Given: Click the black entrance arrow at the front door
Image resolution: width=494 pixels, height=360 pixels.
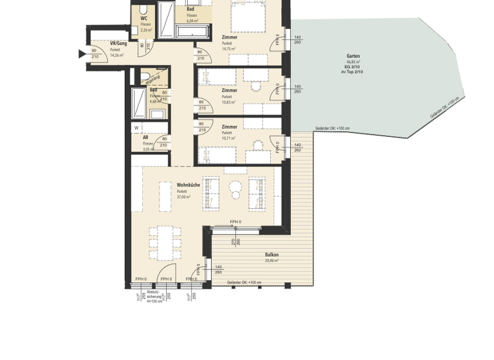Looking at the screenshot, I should click(x=82, y=54).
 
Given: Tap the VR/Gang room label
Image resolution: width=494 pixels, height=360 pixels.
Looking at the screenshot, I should click(x=117, y=43).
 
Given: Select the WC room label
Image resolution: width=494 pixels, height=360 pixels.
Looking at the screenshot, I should click(x=144, y=18).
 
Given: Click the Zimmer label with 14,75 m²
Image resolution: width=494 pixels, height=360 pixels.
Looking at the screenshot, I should click(x=230, y=37).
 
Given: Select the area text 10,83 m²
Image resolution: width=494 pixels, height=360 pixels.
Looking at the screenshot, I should click(x=228, y=102).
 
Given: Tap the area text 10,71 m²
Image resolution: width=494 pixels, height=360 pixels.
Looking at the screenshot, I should click(x=228, y=138).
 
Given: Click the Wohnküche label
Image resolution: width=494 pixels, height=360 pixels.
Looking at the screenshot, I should click(x=188, y=185).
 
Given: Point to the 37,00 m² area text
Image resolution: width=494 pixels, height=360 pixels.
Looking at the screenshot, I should click(x=184, y=197).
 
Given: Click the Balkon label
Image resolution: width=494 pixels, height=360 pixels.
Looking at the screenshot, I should click(x=271, y=255).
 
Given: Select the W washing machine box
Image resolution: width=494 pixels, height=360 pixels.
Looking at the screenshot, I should click(x=136, y=127).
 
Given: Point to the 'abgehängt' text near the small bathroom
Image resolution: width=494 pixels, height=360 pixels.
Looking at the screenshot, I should click(x=152, y=80).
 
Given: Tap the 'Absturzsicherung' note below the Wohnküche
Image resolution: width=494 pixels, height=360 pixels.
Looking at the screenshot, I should click(x=154, y=294).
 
